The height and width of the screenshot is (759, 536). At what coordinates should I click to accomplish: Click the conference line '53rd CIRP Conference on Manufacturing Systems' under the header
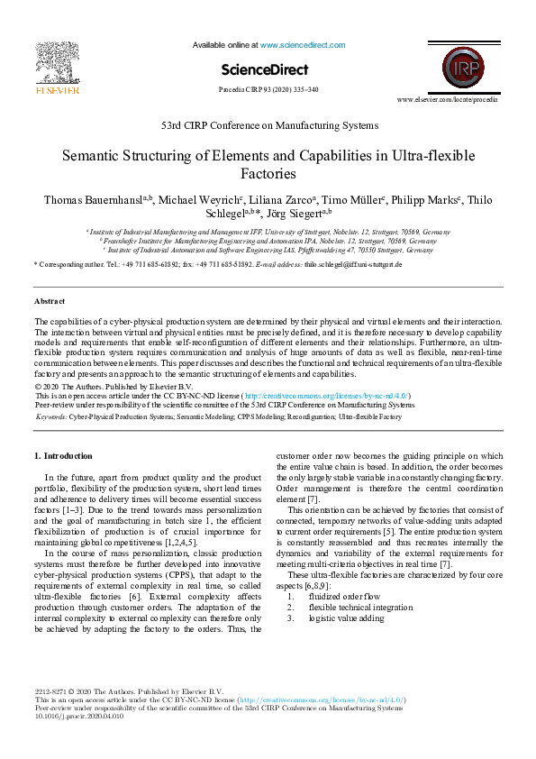pyautogui.click(x=268, y=125)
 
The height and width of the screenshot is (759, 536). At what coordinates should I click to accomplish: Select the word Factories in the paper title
pyautogui.click(x=268, y=174)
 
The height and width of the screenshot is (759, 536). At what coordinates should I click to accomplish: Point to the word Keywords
pyautogui.click(x=50, y=417)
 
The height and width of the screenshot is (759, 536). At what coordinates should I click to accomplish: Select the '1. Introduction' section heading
pyautogui.click(x=62, y=456)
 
